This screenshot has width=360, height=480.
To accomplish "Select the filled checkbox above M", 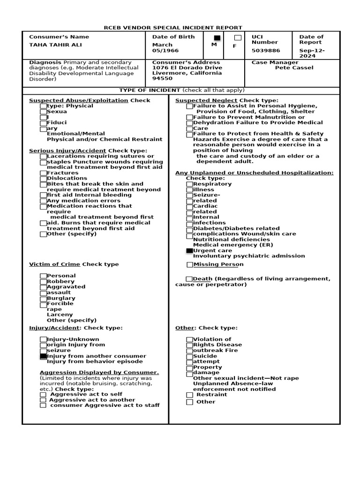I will click(217, 38).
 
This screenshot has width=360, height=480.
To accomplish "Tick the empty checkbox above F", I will click(238, 38).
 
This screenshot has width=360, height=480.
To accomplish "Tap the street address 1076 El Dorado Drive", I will click(180, 67).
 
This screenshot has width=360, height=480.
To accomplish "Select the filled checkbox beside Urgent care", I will click(189, 251).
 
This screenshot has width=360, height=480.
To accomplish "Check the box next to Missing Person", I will click(189, 265).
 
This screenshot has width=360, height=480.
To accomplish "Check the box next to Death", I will click(189, 279).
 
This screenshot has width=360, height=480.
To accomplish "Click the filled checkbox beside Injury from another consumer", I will click(43, 356).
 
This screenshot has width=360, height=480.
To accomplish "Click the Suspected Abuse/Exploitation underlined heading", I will click(78, 100).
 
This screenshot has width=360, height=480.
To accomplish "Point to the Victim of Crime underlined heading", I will click(54, 264).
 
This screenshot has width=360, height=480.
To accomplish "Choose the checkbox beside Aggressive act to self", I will click(43, 395).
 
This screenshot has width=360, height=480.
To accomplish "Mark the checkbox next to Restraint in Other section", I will click(189, 395).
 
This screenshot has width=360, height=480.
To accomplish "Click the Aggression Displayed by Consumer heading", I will click(99, 373).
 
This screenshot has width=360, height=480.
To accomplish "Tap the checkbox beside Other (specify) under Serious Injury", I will click(43, 234).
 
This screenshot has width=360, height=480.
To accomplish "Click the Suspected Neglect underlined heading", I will click(206, 100).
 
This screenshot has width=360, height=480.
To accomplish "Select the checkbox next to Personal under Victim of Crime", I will click(43, 276).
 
